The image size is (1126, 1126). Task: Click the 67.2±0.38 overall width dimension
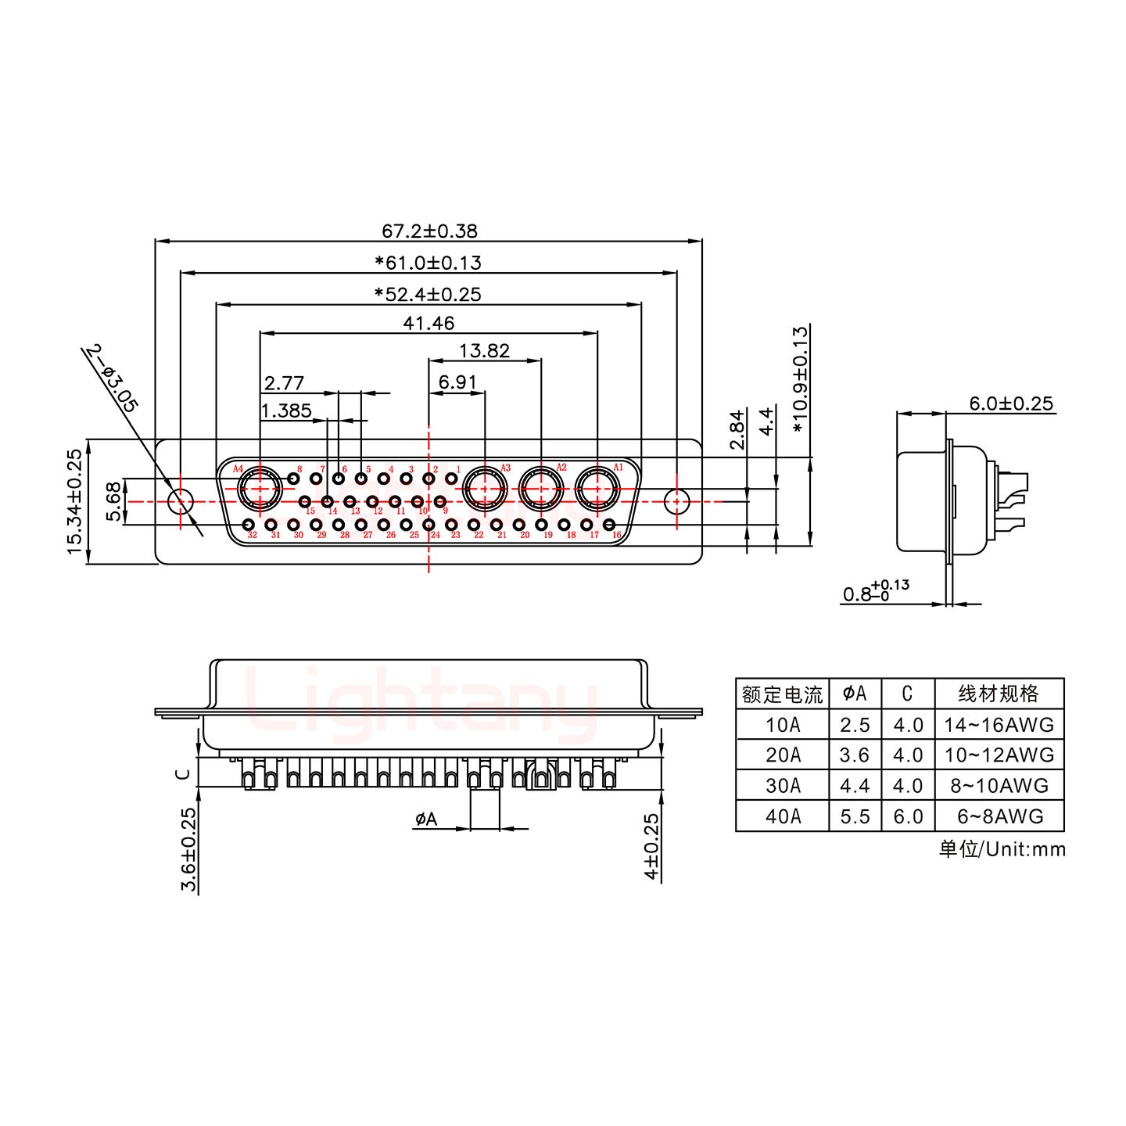(429, 231)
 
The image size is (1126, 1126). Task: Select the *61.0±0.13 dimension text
(428, 263)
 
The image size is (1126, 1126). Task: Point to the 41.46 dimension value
(429, 323)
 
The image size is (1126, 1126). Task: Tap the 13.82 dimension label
(484, 351)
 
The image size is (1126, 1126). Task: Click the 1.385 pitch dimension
(286, 411)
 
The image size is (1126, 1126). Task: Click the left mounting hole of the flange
(181, 500)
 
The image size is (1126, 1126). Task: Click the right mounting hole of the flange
(676, 500)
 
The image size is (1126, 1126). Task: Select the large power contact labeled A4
(258, 490)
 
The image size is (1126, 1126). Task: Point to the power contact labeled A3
(484, 490)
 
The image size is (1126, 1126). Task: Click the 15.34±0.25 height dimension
(75, 501)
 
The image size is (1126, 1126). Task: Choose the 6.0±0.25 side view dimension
(1011, 403)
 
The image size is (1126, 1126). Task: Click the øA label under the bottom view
(426, 819)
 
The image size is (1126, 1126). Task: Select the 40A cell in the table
(783, 816)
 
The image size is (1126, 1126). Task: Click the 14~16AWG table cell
(999, 725)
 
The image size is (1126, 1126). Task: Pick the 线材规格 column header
(999, 694)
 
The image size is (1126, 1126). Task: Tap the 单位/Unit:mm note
(1002, 849)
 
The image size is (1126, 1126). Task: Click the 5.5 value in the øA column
(855, 816)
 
